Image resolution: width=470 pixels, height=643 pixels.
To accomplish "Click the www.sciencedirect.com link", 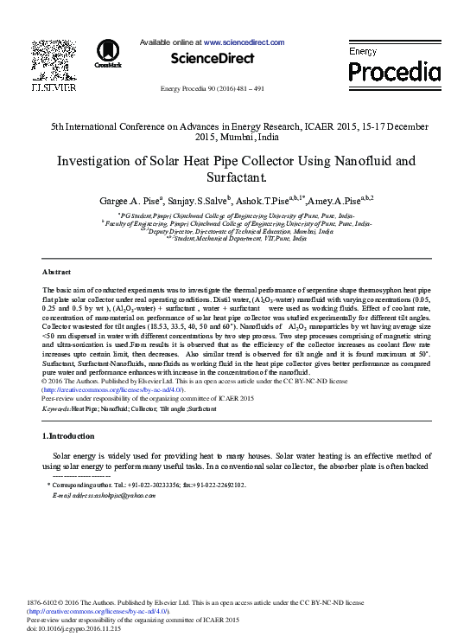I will pos(244,42).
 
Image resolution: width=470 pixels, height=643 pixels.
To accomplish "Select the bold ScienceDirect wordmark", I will pos(213,59).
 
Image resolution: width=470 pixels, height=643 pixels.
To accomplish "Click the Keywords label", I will pos(56,408).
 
